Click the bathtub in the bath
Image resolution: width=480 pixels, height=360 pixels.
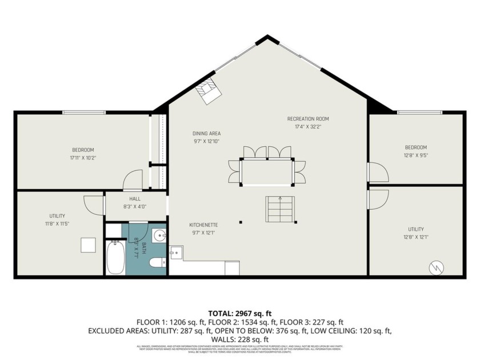[116, 258]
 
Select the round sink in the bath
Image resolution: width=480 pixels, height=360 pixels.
[159, 235]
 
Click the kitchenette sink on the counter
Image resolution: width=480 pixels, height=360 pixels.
[175, 251]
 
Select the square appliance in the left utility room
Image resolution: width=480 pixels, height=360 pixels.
[88, 245]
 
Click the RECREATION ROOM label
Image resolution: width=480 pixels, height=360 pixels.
[308, 119]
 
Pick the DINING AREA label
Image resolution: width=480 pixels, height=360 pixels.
[206, 134]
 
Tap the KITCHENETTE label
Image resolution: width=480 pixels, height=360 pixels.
[204, 225]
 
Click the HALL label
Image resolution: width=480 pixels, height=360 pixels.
[135, 198]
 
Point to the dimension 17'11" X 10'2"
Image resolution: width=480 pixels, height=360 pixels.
[83, 158]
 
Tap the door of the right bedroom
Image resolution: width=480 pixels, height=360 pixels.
[376, 172]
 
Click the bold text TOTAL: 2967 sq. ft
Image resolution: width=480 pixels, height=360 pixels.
[239, 313]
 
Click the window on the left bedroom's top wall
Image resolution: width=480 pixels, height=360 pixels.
[83, 112]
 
